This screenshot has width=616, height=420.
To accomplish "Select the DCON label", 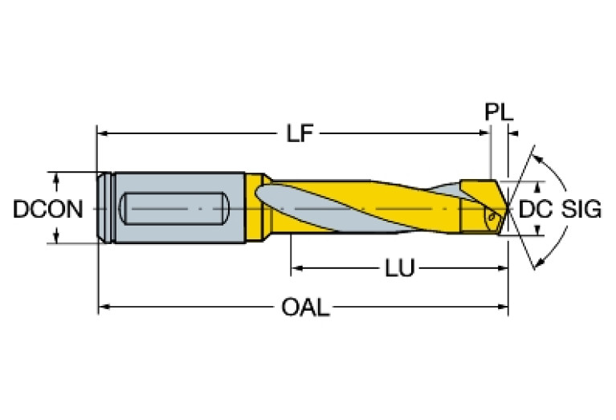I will pyautogui.click(x=47, y=210).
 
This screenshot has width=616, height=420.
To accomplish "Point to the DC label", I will pyautogui.click(x=535, y=210).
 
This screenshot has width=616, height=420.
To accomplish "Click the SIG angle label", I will pyautogui.click(x=581, y=210).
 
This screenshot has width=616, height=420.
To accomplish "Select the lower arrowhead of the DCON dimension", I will pyautogui.click(x=57, y=238).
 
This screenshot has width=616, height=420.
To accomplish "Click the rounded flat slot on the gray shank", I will pyautogui.click(x=172, y=209).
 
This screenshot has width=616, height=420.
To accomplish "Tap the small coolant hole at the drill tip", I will pyautogui.click(x=491, y=215).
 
